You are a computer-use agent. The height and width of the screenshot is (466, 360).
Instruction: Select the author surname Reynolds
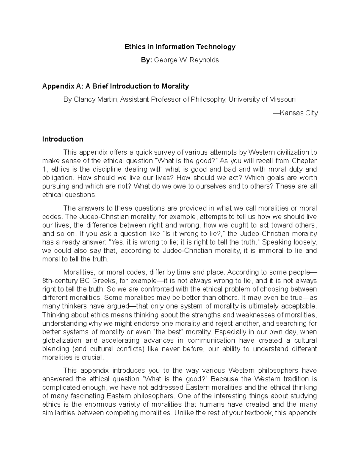(x=204, y=60)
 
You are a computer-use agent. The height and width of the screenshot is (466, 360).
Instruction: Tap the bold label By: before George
(x=147, y=60)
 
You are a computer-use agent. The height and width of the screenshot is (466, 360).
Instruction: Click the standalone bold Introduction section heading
(x=63, y=139)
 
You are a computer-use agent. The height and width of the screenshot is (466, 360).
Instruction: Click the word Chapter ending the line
(x=304, y=161)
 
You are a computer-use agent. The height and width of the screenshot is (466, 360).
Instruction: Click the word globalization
(x=62, y=341)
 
